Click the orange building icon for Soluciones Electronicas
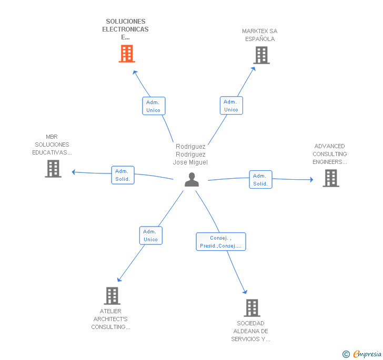point(127,54)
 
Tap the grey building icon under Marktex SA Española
point(261,55)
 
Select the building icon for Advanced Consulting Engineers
point(330,178)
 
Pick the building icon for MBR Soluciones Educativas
point(53,169)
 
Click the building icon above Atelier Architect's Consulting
point(112,296)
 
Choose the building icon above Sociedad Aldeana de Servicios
point(252,308)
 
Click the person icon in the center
point(192,180)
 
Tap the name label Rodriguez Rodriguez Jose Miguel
point(190,155)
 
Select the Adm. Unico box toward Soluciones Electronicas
point(154,106)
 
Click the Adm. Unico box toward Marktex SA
point(231,106)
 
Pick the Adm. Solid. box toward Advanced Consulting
point(260,180)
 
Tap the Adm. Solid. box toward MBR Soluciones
point(123,175)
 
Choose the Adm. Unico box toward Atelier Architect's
point(150,235)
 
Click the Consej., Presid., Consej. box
point(221,242)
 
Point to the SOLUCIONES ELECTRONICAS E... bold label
point(125,29)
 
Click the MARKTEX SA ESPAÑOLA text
point(260,35)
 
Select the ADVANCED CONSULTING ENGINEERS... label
point(330,154)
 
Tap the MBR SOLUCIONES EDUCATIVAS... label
point(52,145)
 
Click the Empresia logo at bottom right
point(361,354)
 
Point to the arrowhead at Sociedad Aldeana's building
point(244,291)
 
